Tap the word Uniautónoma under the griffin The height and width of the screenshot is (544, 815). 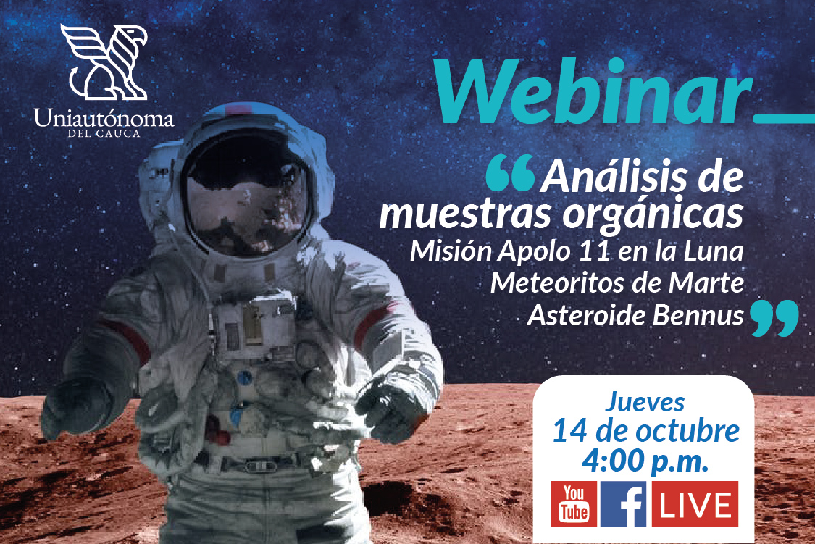click(x=104, y=119)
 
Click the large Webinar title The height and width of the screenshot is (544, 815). click(x=593, y=92)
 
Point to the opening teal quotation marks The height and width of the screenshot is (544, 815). click(x=511, y=173)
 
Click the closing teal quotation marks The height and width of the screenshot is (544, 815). click(x=774, y=317)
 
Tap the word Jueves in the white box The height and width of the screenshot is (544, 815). click(x=645, y=402)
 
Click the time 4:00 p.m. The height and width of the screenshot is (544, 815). click(x=645, y=460)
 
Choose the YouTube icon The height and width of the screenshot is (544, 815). click(x=574, y=504)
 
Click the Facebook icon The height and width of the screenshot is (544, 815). click(x=623, y=504)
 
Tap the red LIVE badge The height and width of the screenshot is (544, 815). click(x=695, y=504)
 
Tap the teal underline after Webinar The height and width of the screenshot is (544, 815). click(x=785, y=119)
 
